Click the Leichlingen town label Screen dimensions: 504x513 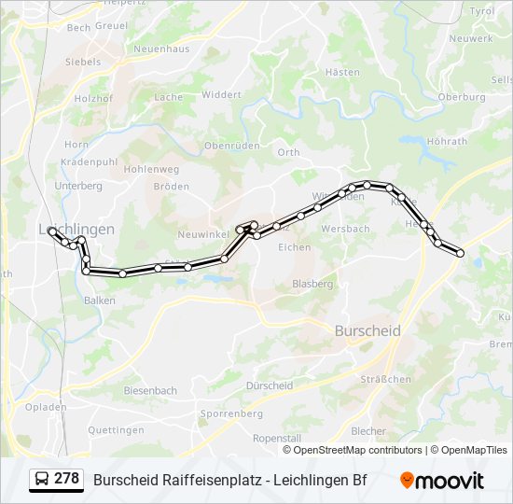coord(76,229)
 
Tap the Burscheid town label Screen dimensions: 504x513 coord(367,330)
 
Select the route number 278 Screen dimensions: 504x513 coord(67,479)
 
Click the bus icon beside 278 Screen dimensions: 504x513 coord(42,480)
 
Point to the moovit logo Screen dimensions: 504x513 coord(442,481)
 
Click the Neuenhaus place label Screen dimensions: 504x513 coord(161,49)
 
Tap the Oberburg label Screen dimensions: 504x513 coord(462,96)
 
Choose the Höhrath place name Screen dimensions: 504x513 coord(446,141)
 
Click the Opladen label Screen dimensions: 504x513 coord(45,408)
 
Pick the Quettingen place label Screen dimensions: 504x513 coord(116,430)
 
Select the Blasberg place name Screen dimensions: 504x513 coord(312,283)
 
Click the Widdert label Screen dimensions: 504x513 coord(221,94)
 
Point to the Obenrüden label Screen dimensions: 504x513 coord(230,146)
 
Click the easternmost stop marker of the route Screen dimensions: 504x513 coord(460,252)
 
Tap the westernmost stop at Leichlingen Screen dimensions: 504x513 coord(51,232)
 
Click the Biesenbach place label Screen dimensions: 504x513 coord(150,390)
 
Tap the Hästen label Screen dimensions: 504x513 coord(342,72)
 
